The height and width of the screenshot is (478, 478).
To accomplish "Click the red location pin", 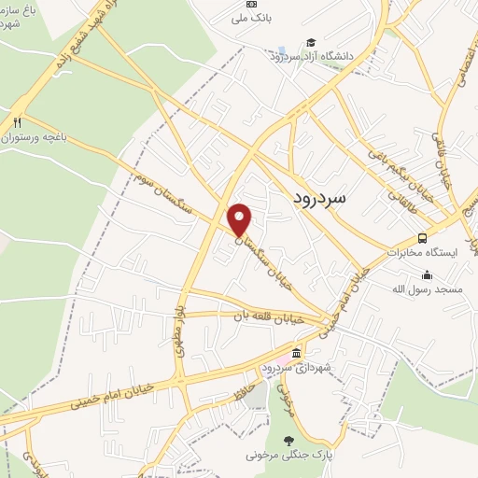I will [x=240, y=218].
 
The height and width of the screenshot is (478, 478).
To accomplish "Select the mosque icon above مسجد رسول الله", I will [x=427, y=274].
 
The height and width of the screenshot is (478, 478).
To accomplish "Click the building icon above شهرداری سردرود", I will [x=296, y=352].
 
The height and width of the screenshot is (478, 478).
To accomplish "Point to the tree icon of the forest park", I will [x=291, y=440].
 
